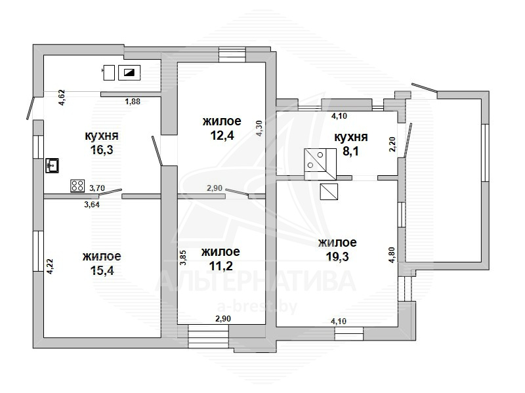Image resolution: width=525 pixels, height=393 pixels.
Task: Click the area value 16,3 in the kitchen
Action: point(102,150)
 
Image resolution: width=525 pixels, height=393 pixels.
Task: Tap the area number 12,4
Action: point(222,135)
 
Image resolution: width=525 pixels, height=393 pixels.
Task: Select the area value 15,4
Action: point(102,270)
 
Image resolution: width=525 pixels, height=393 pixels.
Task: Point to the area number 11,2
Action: point(220,266)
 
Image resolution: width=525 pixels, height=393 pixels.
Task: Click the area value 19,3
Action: point(337,257)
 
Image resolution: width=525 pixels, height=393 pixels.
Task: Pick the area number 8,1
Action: point(351,152)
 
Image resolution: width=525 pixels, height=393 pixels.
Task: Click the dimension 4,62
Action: point(62,98)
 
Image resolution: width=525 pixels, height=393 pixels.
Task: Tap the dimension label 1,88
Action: point(133,102)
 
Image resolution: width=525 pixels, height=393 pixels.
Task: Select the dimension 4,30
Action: point(259,129)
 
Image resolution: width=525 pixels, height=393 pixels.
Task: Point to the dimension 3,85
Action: point(183,258)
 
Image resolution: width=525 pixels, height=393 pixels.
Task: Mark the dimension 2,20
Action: point(392,144)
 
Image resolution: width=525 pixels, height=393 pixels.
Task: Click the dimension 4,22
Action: point(50,267)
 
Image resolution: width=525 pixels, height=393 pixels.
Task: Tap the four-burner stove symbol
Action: point(77,186)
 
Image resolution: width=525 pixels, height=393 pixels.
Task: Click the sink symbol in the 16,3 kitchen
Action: point(52,165)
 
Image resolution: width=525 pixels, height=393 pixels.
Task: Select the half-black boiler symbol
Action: point(129,73)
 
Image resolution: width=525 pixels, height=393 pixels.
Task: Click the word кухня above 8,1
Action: point(351,137)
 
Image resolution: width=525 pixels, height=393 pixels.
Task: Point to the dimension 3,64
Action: point(91,204)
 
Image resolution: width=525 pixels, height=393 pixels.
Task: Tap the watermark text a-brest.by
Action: point(257,306)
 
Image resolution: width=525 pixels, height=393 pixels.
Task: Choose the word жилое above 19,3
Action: point(337,242)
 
